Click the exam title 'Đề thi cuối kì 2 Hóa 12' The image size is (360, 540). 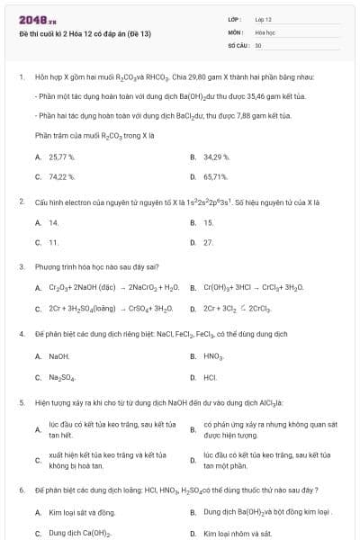pyautogui.click(x=85, y=33)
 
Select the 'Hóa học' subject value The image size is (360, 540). pyautogui.click(x=264, y=31)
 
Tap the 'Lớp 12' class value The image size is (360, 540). pyautogui.click(x=263, y=18)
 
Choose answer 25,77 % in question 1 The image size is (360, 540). pyautogui.click(x=62, y=157)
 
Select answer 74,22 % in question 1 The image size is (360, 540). pyautogui.click(x=62, y=176)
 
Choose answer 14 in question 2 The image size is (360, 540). pyautogui.click(x=54, y=222)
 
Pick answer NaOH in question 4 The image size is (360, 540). pyautogui.click(x=59, y=356)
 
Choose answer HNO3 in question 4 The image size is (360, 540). pyautogui.click(x=212, y=356)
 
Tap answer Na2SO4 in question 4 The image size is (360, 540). pyautogui.click(x=62, y=377)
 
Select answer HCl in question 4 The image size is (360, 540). pyautogui.click(x=210, y=377)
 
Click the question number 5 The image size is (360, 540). pyautogui.click(x=21, y=402)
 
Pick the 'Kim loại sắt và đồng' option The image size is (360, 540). pyautogui.click(x=80, y=512)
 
